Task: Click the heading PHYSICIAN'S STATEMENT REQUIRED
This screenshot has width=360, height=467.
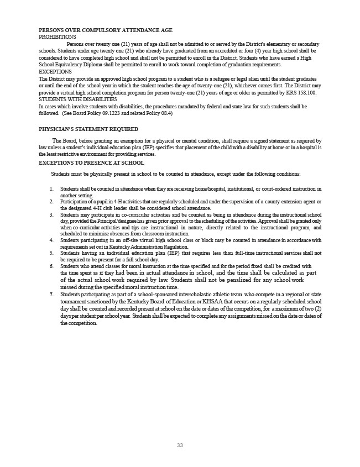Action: [88, 129]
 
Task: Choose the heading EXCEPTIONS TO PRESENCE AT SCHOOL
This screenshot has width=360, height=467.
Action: [92, 163]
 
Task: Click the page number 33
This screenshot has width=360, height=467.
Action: [180, 445]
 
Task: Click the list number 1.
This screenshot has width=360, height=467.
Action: [51, 189]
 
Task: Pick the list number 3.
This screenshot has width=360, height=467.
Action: [51, 214]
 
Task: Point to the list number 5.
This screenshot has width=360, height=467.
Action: [51, 253]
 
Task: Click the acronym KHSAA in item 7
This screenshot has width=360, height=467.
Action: [208, 302]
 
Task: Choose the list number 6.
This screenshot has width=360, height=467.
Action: [51, 266]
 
